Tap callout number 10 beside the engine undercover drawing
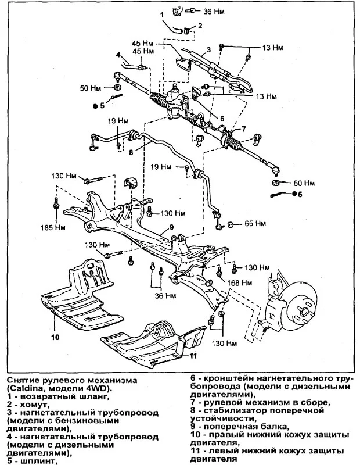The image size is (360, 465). point(55,337)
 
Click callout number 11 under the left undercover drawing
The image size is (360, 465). point(193,355)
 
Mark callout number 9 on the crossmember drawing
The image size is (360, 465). point(172,227)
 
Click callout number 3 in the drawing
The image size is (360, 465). point(208,50)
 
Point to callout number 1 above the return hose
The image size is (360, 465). point(162,13)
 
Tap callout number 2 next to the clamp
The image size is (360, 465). point(200,26)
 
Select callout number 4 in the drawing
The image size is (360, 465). point(118,55)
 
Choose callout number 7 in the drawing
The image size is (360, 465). point(244,128)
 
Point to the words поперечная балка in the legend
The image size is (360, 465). point(244,426)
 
